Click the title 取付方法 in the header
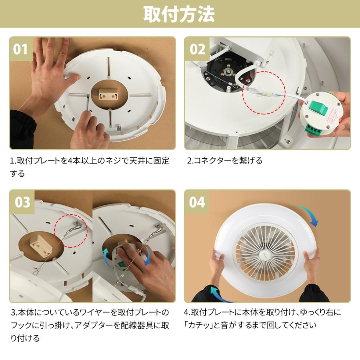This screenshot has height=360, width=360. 180,14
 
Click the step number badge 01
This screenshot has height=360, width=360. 21,49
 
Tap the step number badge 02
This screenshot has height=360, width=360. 197,49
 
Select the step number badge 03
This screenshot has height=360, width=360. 21,202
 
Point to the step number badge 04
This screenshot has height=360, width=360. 197,202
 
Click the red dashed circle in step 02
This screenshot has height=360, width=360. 264,92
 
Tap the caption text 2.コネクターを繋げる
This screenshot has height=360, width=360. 225,161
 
